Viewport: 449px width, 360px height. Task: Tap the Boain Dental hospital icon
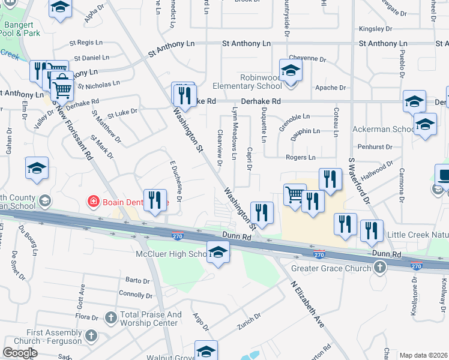coord(93,202)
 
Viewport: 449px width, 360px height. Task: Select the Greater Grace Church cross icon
coord(379,268)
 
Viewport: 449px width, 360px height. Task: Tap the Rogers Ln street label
coord(300,158)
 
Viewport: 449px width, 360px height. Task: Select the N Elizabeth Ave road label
coord(307,305)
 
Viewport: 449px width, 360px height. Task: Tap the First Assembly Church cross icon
coord(91,335)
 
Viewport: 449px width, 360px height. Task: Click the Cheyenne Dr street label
coord(312,59)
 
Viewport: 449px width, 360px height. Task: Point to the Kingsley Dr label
coord(375,28)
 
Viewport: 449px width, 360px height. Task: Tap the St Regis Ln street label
coord(86,43)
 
